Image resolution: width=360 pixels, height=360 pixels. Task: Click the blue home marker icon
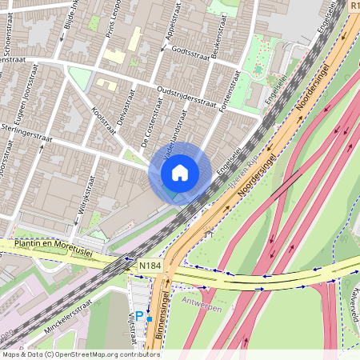[180, 172]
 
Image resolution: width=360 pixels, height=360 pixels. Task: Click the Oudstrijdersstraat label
[189, 95]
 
